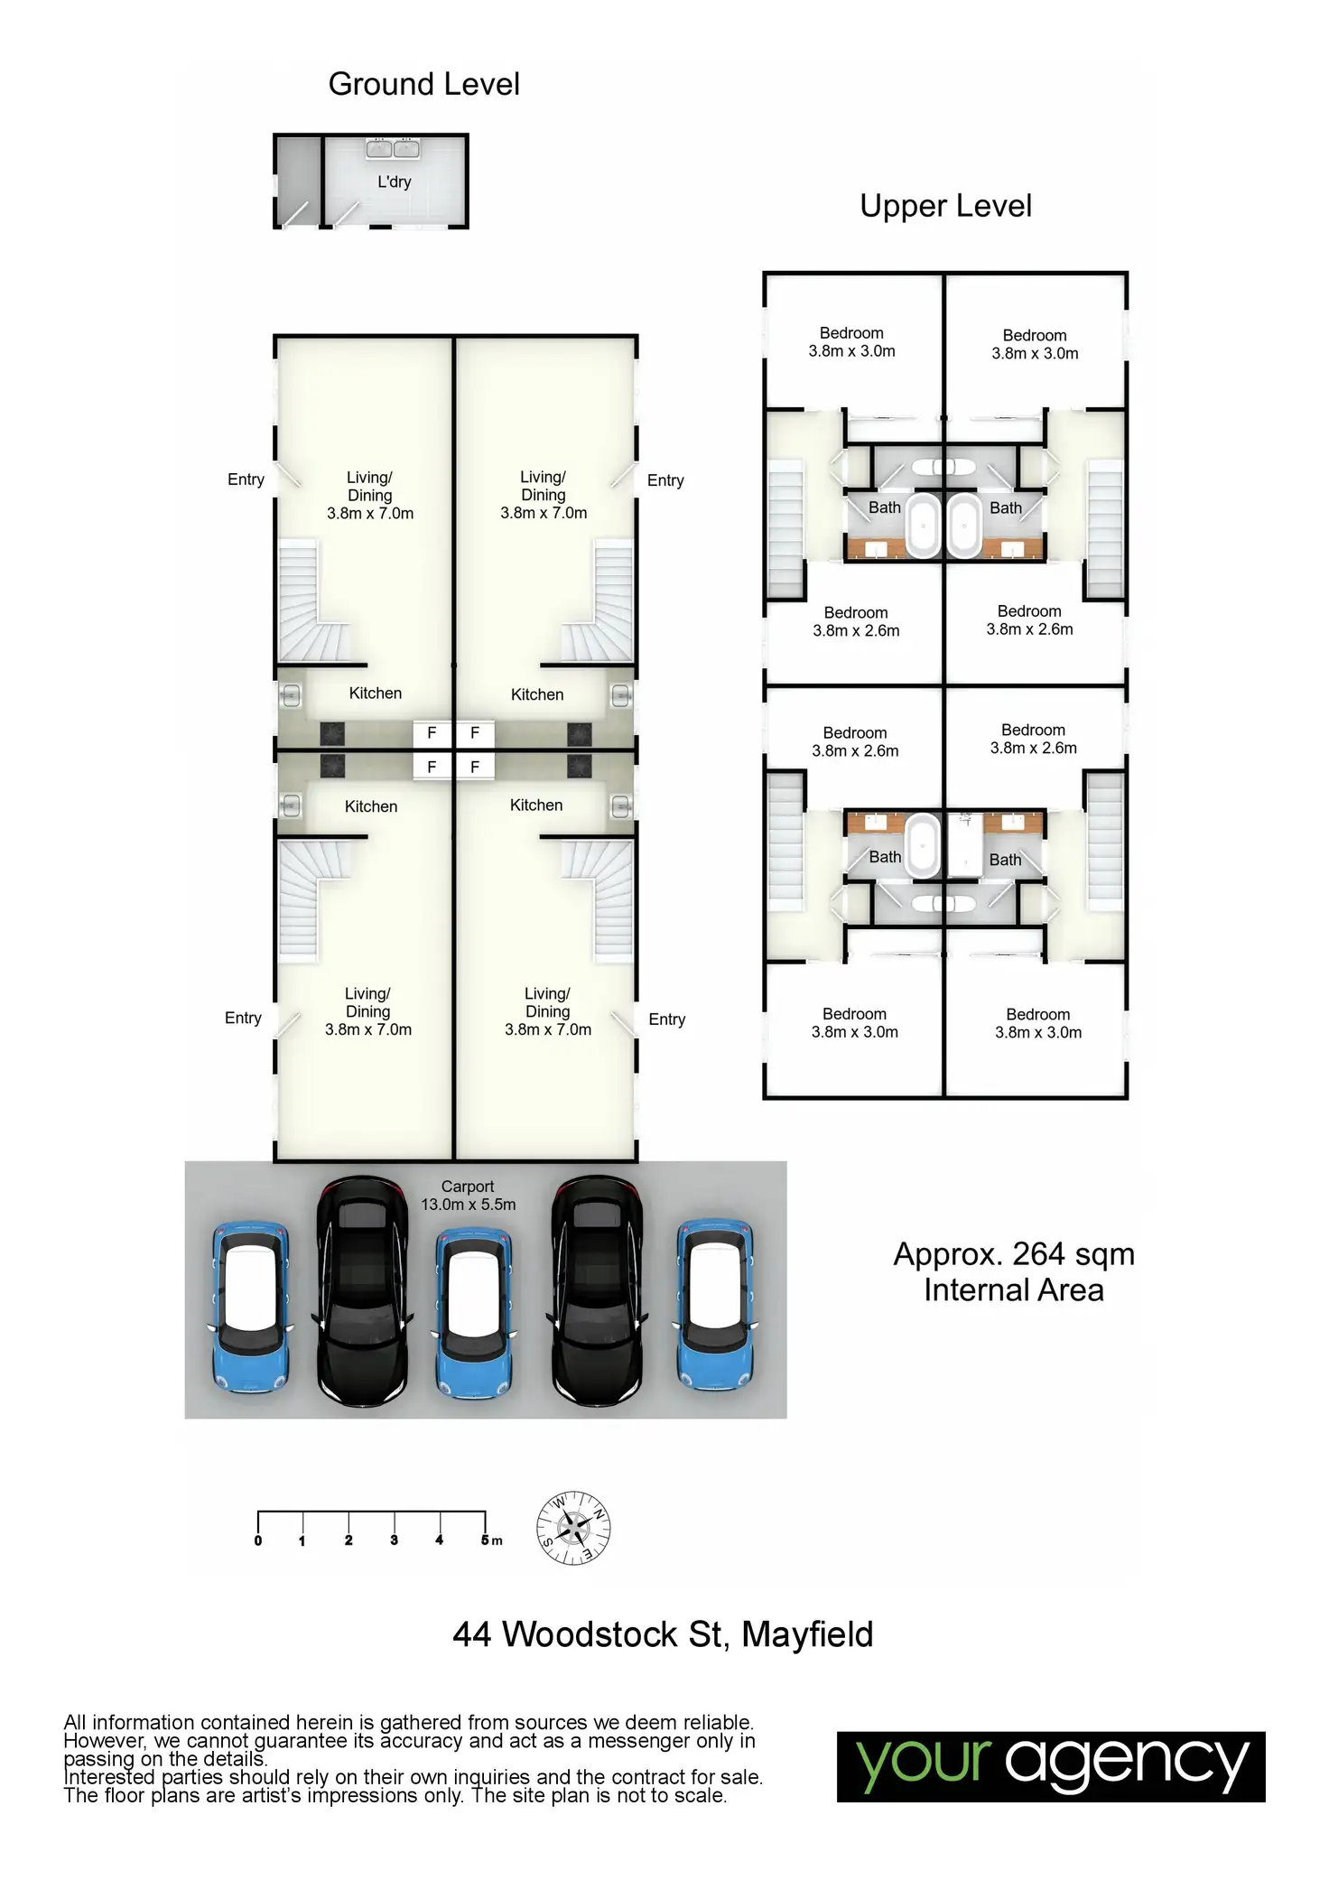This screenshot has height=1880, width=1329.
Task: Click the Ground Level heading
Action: coord(423,84)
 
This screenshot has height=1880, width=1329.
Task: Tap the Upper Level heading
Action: coord(945,206)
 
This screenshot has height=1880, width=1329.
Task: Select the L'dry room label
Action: coord(395,181)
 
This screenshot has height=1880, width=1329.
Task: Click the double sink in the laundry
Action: coord(393,149)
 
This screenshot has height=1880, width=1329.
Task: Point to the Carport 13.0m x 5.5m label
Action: coord(468,1195)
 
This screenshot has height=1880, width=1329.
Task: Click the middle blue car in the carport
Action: coord(474,1311)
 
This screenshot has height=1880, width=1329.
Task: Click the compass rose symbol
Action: coord(573,1528)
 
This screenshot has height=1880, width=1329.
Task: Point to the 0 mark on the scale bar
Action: coord(258,1540)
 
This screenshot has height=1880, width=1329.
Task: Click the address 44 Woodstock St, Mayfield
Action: coord(663,1634)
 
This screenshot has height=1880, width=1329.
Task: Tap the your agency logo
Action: coord(1050,1766)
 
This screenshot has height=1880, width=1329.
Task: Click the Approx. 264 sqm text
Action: coord(1014,1254)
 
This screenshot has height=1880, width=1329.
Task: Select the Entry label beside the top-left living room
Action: coord(246,479)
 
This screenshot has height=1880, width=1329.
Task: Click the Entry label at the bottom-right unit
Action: coord(666,1019)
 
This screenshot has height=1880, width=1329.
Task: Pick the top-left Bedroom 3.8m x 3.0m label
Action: coord(851,342)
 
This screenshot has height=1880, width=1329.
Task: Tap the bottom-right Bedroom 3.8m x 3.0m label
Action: coord(1038,1023)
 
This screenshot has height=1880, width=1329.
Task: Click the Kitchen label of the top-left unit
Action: coord(376,693)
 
